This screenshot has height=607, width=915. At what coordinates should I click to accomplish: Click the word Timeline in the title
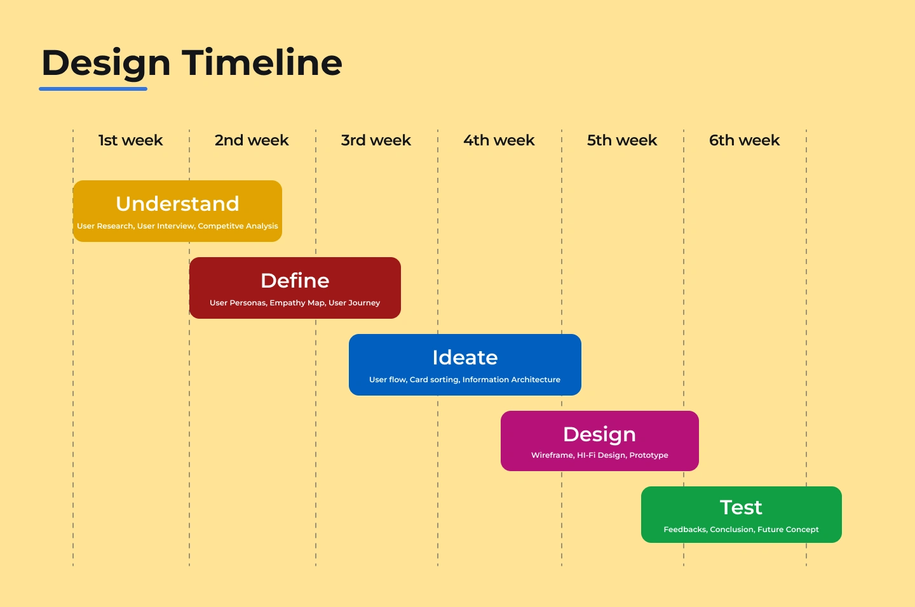tap(262, 62)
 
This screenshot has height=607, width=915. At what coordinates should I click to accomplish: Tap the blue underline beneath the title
tap(93, 89)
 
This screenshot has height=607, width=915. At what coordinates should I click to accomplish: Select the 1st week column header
tap(130, 140)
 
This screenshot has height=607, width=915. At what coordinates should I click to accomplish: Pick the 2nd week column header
tap(252, 140)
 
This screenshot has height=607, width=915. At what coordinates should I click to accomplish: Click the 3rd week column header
tap(376, 140)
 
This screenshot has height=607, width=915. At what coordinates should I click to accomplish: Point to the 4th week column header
tap(499, 140)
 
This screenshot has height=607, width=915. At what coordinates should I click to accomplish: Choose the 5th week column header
tap(621, 140)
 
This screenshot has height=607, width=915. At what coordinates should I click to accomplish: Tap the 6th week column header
tap(744, 140)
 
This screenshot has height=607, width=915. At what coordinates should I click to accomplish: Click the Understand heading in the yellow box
tap(177, 203)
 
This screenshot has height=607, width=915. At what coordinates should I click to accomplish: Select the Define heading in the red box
tap(295, 281)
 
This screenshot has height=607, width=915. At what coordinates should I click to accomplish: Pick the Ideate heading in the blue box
tap(465, 357)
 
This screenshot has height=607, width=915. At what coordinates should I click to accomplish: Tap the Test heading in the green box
tap(741, 507)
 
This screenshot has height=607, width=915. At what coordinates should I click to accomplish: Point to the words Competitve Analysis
tap(238, 226)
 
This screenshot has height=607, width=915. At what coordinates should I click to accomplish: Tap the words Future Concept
tap(788, 530)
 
